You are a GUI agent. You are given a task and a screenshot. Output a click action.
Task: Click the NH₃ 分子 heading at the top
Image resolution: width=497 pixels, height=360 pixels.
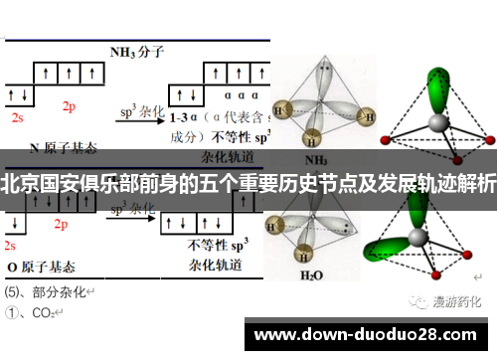click(135, 51)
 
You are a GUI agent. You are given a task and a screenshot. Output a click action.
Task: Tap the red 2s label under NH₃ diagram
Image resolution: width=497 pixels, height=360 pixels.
click(17, 117)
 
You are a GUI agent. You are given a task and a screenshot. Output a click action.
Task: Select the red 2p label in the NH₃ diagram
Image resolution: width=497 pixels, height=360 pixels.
click(69, 106)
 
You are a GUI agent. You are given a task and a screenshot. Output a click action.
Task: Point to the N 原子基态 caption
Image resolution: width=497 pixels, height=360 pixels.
click(66, 147)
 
